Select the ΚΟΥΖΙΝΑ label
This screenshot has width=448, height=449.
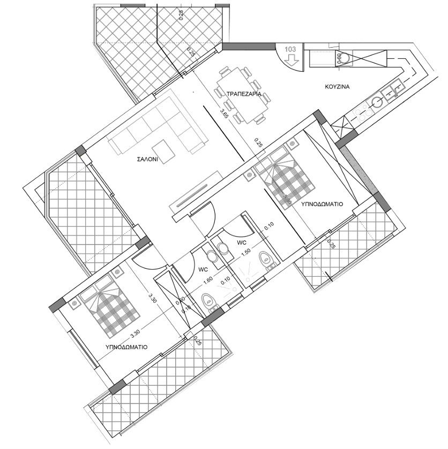pyautogui.click(x=337, y=86)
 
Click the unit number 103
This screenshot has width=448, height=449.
pyautogui.click(x=290, y=49)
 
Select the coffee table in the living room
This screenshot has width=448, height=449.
pyautogui.click(x=163, y=150)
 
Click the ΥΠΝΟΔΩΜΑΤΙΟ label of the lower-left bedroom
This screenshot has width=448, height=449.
pyautogui.click(x=127, y=347)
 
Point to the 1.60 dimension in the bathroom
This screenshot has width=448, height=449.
pyautogui.click(x=208, y=285)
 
